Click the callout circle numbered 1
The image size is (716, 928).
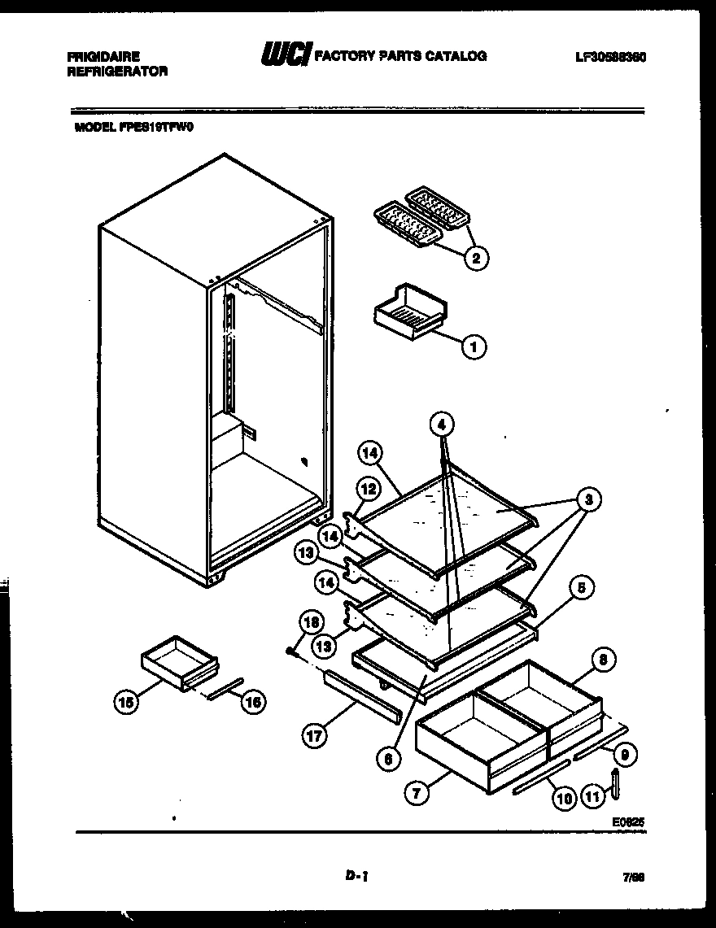pos(474,347)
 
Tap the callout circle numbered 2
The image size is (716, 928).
pos(476,258)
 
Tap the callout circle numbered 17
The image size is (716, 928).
pos(315,736)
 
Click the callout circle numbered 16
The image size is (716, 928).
pos(253,701)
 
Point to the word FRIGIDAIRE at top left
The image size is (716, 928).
pos(103,56)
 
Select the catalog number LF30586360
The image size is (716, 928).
pos(609,57)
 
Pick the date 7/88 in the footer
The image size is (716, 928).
pos(634,877)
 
